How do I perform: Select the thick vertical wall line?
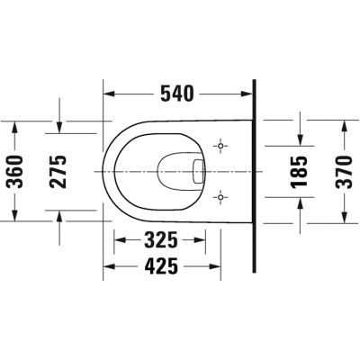[x=254, y=171]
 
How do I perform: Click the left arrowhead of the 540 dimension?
[x=111, y=92]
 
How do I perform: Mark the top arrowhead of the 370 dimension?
[x=345, y=128]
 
